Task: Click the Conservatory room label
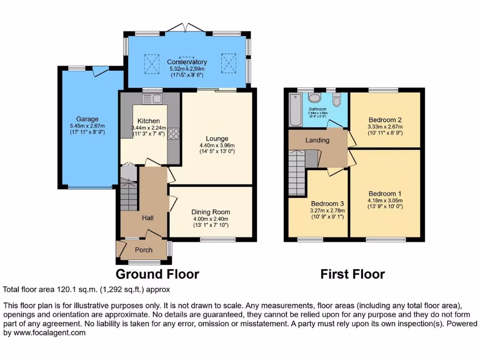(187, 62)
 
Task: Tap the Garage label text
(87, 119)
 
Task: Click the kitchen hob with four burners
(173, 134)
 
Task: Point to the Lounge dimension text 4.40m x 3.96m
(217, 145)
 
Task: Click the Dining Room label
(211, 212)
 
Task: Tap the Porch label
(143, 250)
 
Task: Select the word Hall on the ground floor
(148, 217)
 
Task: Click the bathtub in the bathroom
(295, 110)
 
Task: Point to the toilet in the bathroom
(336, 100)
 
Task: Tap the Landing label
(317, 140)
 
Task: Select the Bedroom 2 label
(385, 120)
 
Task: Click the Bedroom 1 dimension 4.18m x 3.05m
(385, 201)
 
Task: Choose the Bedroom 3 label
(328, 204)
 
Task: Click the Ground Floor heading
(157, 274)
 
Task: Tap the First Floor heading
(352, 274)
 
